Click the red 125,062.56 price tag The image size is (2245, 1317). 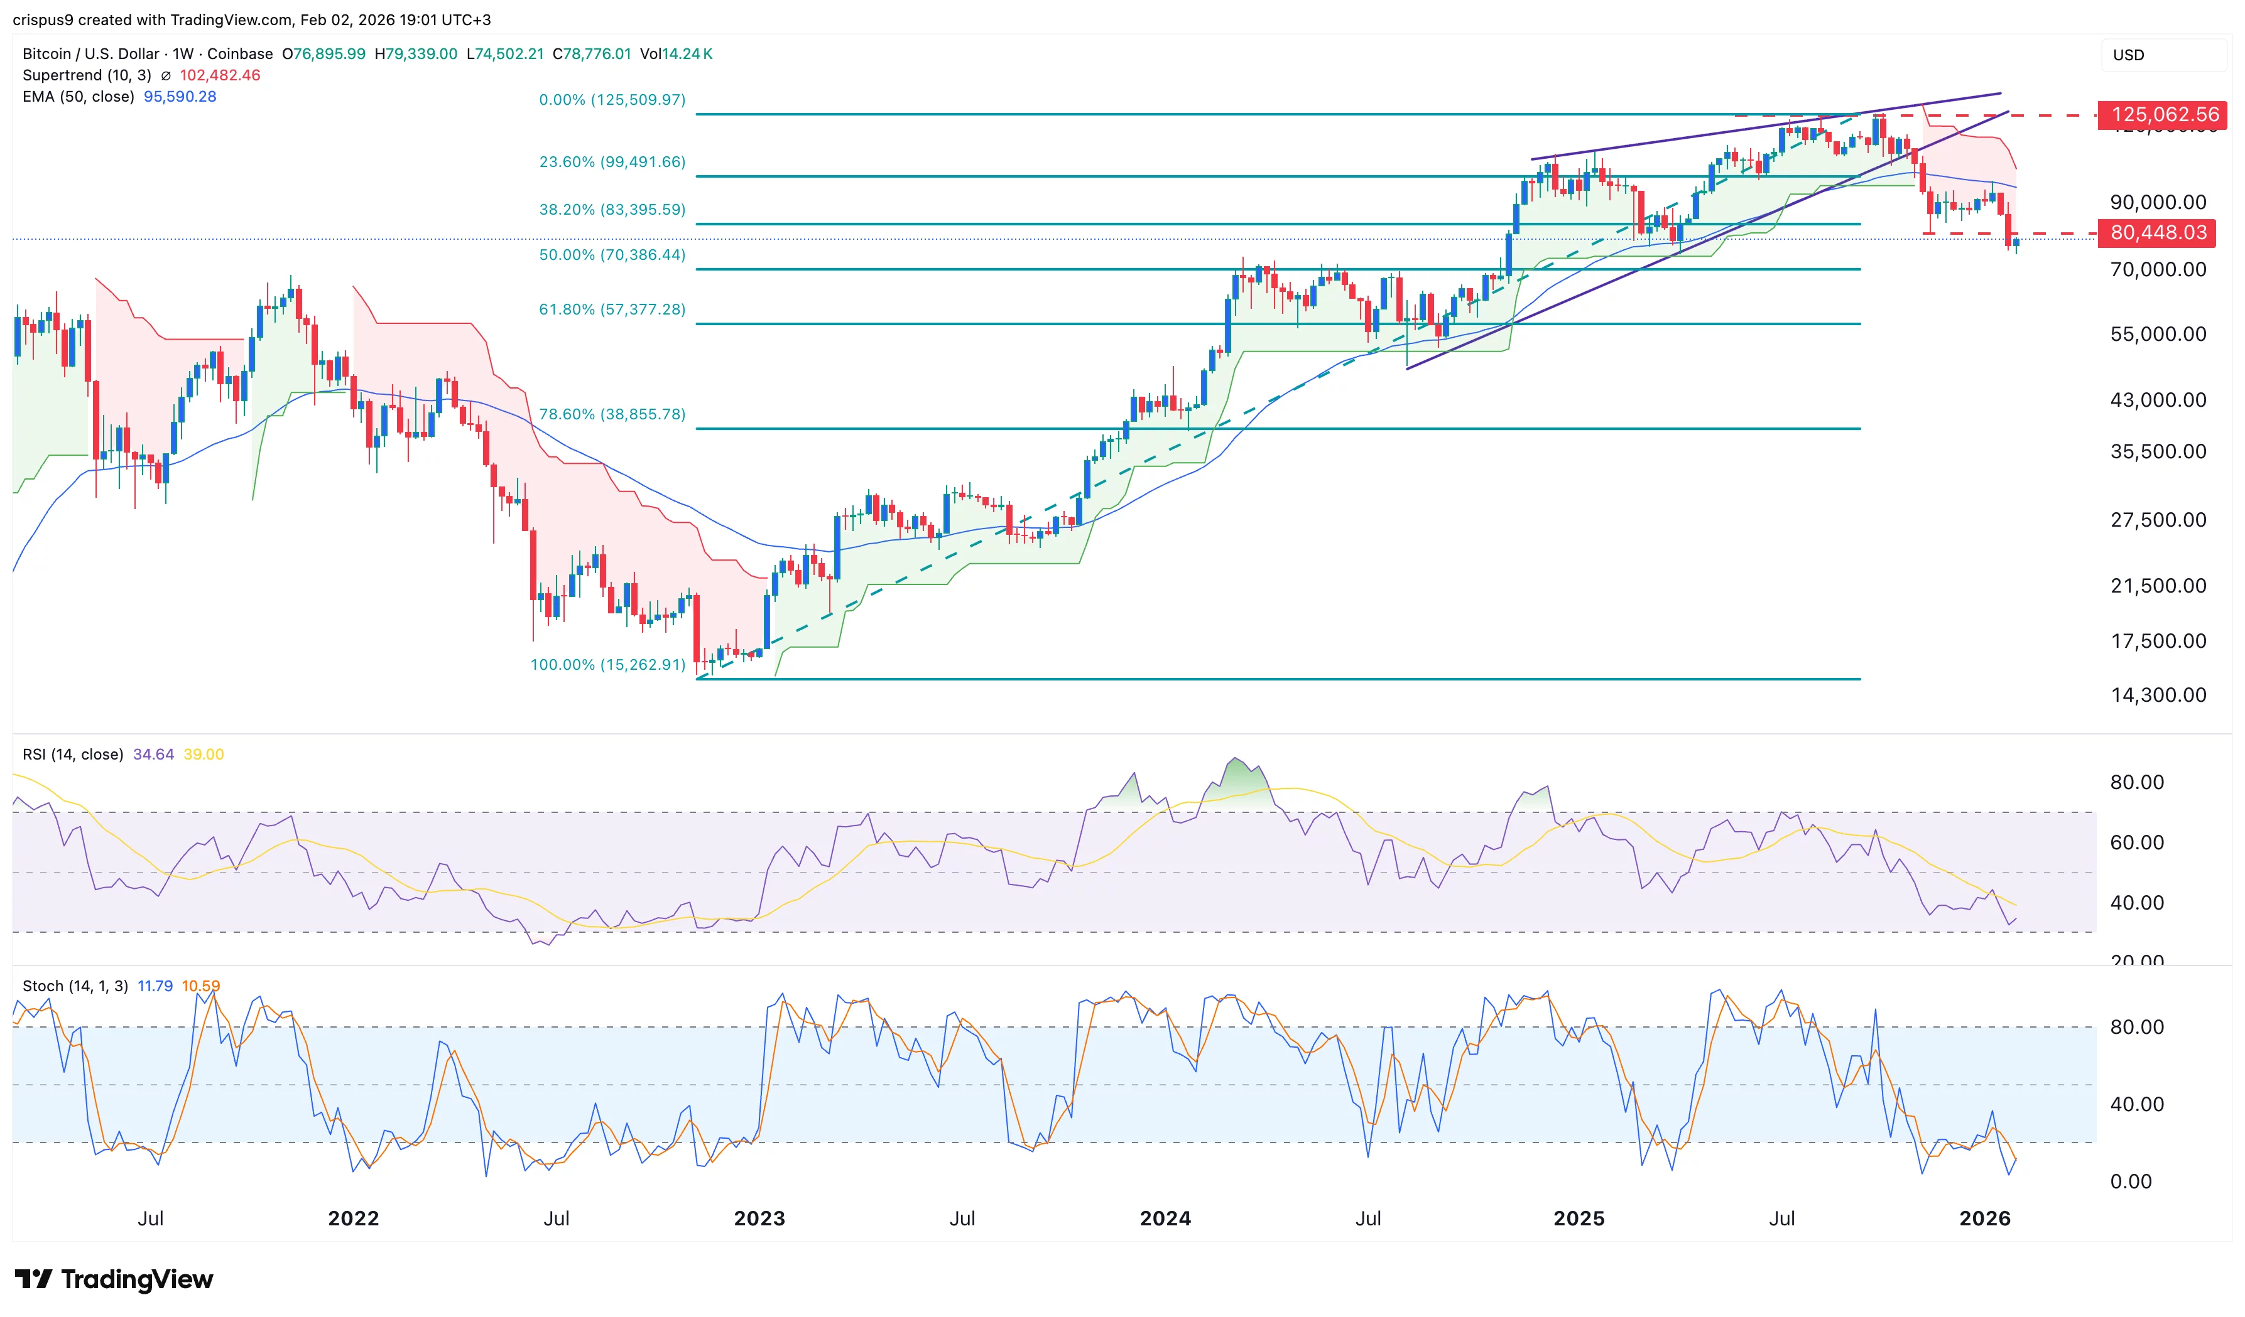pos(2164,115)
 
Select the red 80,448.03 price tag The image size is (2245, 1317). pos(2158,234)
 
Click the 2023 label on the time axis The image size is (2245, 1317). pos(759,1219)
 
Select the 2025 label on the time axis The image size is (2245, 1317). pos(1579,1219)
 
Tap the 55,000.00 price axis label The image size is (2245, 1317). pos(2158,335)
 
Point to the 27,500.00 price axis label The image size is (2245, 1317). pos(2158,520)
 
